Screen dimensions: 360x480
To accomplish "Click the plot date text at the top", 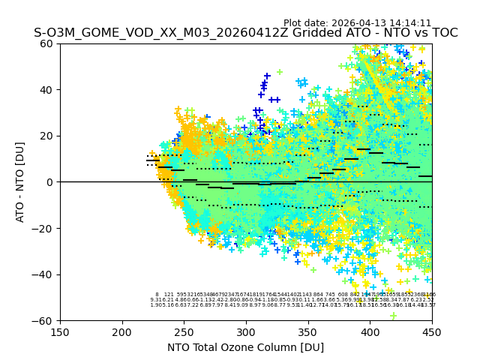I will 357,23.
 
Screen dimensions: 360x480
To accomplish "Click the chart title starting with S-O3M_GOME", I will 245,33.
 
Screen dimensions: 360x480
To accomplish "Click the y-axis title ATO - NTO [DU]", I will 20,182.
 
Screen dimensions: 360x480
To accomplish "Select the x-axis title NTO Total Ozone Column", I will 245,347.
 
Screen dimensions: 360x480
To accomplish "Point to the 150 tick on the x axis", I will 60,331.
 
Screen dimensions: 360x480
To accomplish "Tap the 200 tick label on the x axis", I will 122,331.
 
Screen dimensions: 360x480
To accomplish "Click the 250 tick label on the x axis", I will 184,331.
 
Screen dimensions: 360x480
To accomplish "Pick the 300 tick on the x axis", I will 246,331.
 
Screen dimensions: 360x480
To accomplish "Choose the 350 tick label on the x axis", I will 307,331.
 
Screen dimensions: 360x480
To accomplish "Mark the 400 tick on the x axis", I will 370,331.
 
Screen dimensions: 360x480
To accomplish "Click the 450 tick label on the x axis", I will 431,331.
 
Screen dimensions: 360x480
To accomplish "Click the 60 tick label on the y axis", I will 47,43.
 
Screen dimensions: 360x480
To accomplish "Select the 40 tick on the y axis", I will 47,90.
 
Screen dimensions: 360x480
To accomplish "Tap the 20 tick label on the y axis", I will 47,136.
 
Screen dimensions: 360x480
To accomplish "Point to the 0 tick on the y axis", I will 50,182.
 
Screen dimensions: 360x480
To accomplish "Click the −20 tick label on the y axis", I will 43,228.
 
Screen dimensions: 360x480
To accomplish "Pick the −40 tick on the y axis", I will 43,274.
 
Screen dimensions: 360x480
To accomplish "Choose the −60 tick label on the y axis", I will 43,320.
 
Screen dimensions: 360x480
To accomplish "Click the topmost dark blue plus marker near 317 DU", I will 267,76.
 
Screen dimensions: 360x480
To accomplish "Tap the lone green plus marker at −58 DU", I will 393,316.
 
